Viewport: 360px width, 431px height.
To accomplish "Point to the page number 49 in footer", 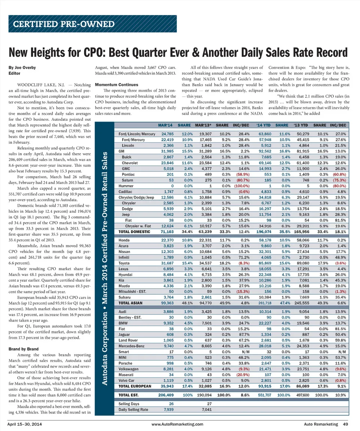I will (345, 424).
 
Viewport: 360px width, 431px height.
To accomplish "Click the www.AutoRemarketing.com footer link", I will (177, 424).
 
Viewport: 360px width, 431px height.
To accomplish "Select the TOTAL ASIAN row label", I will (131, 302).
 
